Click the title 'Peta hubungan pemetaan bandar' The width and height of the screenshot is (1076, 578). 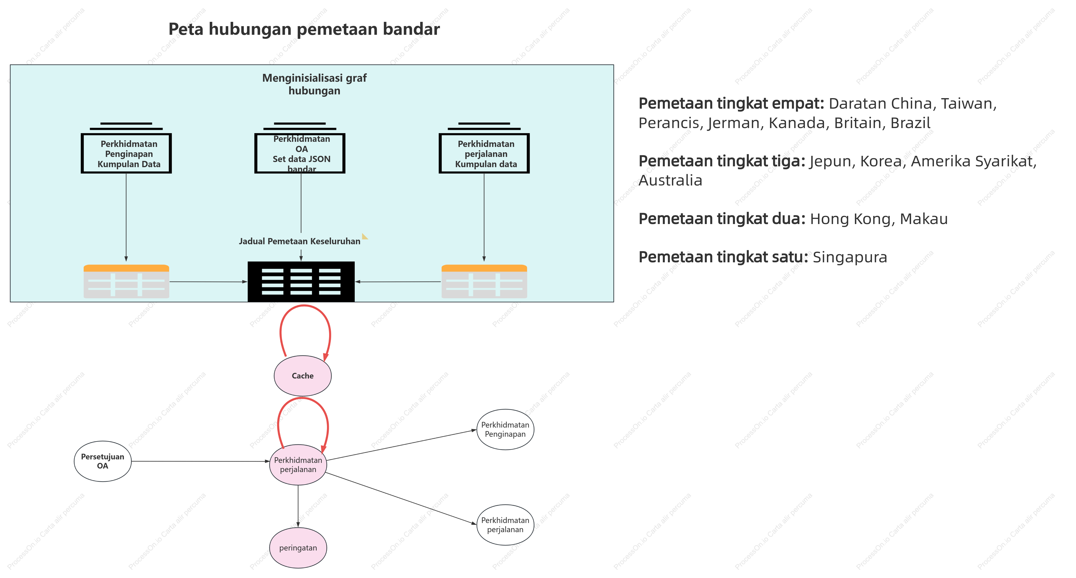pyautogui.click(x=304, y=29)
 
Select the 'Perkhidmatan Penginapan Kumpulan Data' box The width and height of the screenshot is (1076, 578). pyautogui.click(x=126, y=153)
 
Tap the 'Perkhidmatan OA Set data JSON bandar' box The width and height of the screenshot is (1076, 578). pyautogui.click(x=300, y=153)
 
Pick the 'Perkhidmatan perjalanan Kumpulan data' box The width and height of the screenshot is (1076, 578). pyautogui.click(x=484, y=153)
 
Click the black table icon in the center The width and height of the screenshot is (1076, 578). pyautogui.click(x=301, y=281)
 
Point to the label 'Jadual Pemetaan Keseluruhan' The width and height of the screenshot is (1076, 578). pyautogui.click(x=299, y=241)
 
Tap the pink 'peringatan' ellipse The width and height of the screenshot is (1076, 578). pyautogui.click(x=298, y=548)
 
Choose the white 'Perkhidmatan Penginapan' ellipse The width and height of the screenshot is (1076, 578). pyautogui.click(x=505, y=429)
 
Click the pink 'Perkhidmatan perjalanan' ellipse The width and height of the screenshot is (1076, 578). pyautogui.click(x=298, y=465)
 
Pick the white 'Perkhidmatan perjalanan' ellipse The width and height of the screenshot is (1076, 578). pyautogui.click(x=505, y=525)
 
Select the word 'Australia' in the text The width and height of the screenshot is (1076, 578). pyautogui.click(x=670, y=180)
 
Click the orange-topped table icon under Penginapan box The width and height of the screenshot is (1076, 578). pyautogui.click(x=126, y=281)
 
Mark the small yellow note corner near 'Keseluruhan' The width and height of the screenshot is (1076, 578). pyautogui.click(x=365, y=236)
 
